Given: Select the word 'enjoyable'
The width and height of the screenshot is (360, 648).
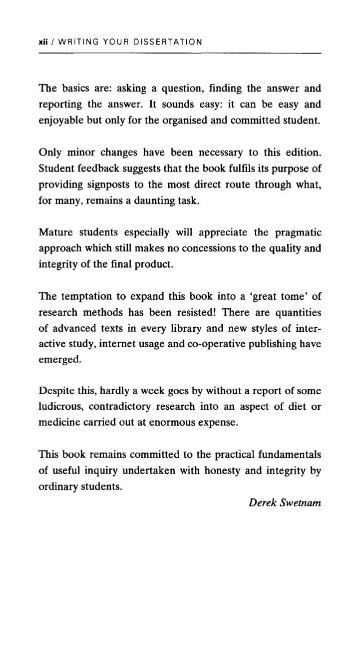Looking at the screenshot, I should tap(65, 121).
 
